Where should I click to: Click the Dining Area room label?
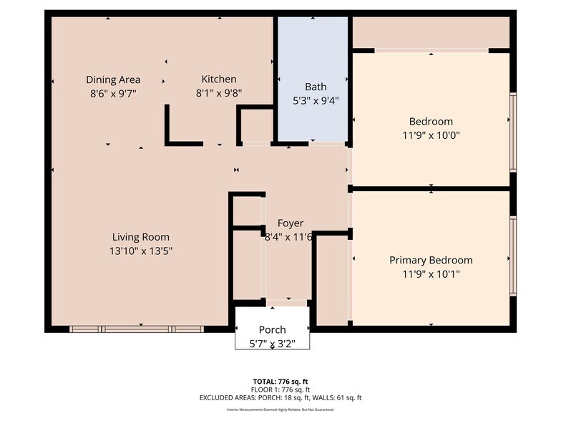point(113,79)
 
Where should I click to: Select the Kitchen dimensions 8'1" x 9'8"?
point(218,92)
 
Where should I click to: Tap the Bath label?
point(316,87)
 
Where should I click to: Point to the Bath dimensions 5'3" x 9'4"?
point(316,100)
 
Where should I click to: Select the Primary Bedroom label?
point(431,260)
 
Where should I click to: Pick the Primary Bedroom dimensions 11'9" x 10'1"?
point(431,274)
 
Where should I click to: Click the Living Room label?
point(141,237)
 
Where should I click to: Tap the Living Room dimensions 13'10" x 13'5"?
point(141,251)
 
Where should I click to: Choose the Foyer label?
point(291,223)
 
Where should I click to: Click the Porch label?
point(272,330)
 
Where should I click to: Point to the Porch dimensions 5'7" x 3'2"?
point(272,344)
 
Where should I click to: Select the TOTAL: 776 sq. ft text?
point(280,382)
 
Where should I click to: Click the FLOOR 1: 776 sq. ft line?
point(280,389)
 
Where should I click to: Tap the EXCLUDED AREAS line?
point(280,397)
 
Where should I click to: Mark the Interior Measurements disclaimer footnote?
point(280,410)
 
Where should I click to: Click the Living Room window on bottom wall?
point(137,329)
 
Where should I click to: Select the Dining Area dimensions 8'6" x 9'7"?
point(113,93)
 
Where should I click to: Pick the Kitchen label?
point(218,79)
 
